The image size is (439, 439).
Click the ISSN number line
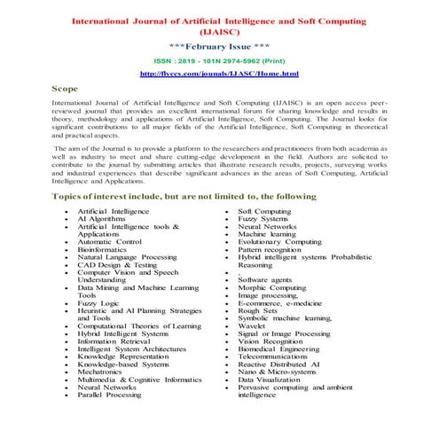point(219,59)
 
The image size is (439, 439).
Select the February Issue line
point(219,43)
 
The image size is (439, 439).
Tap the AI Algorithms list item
point(101,219)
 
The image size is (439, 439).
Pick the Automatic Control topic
point(109,241)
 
